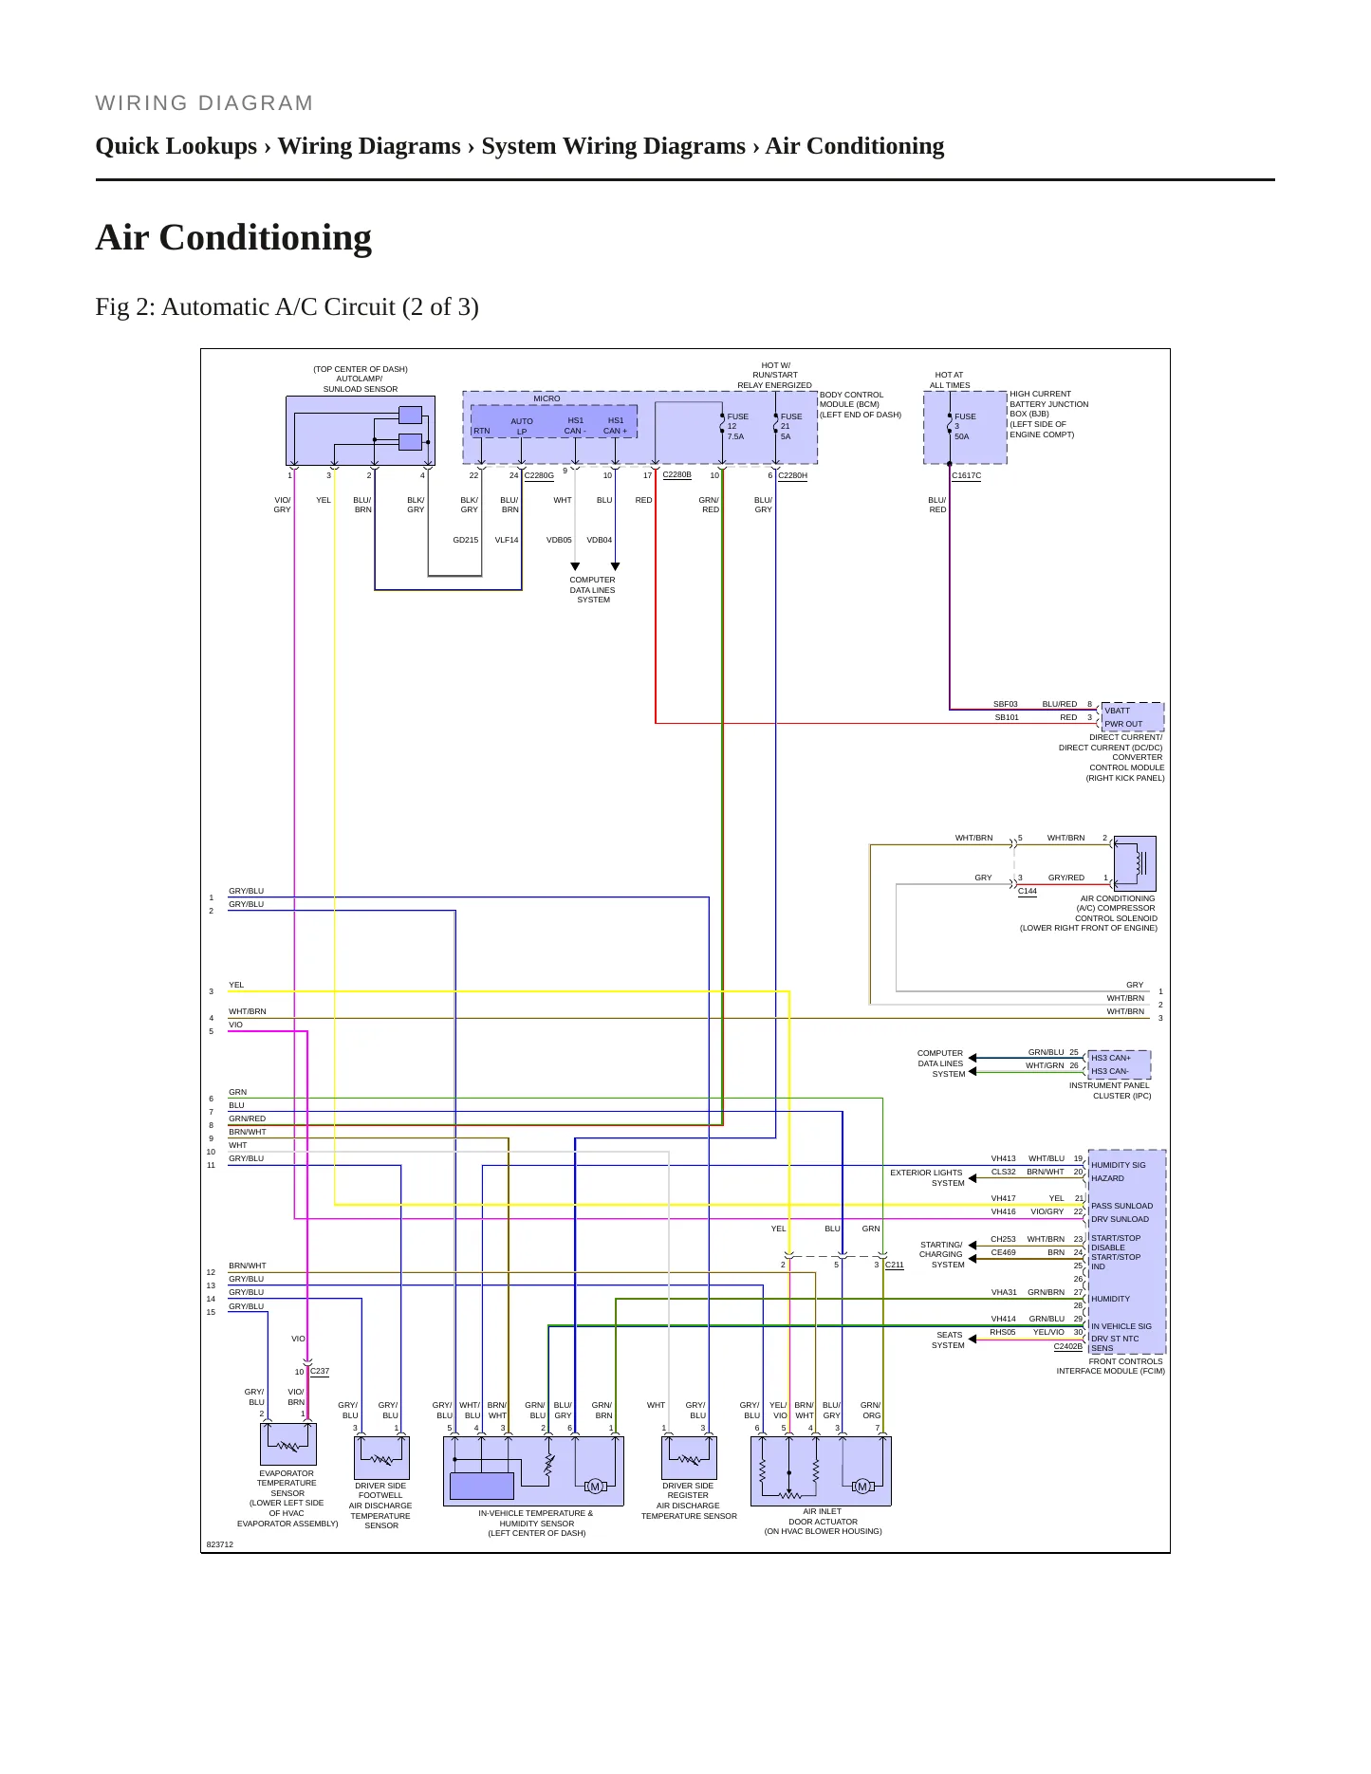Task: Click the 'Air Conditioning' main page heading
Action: [x=233, y=237]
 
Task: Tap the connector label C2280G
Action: [x=539, y=475]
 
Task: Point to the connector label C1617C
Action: [x=966, y=475]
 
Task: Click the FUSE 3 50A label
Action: [x=964, y=426]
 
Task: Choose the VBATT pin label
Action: [x=1117, y=711]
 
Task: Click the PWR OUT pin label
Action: [x=1123, y=724]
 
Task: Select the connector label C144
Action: [x=1027, y=891]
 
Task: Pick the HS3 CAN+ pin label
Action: [x=1110, y=1058]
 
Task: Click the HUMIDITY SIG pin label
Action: [x=1118, y=1165]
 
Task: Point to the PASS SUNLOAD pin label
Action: [x=1121, y=1206]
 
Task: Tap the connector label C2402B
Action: [x=1067, y=1346]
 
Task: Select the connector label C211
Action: [x=894, y=1265]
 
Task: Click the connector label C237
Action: [x=320, y=1371]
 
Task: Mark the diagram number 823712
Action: [x=219, y=1544]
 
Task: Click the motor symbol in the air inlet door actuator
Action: [x=862, y=1486]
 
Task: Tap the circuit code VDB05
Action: [x=559, y=540]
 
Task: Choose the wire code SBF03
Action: [x=1005, y=704]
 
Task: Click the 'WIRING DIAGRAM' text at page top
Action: [x=204, y=103]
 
